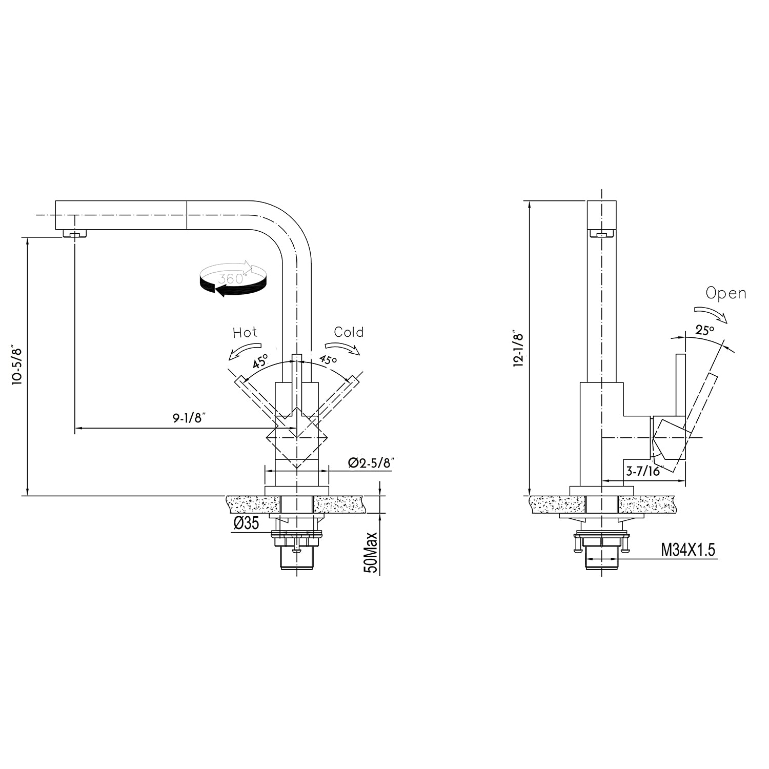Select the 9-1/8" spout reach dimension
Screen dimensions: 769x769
pyautogui.click(x=189, y=418)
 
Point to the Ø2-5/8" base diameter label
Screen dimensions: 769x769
pyautogui.click(x=371, y=462)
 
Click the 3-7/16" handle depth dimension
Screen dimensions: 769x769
pyautogui.click(x=644, y=470)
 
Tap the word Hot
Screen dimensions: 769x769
pyautogui.click(x=245, y=332)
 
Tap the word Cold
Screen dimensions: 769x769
pyautogui.click(x=349, y=332)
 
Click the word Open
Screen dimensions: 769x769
pyautogui.click(x=725, y=293)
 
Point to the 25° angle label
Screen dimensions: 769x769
pyautogui.click(x=705, y=330)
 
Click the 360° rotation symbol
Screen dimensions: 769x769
pyautogui.click(x=233, y=279)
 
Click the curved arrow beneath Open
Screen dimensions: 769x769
pyautogui.click(x=711, y=314)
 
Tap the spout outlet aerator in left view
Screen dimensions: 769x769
pyautogui.click(x=75, y=234)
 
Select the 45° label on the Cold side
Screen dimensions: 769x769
pyautogui.click(x=328, y=359)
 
